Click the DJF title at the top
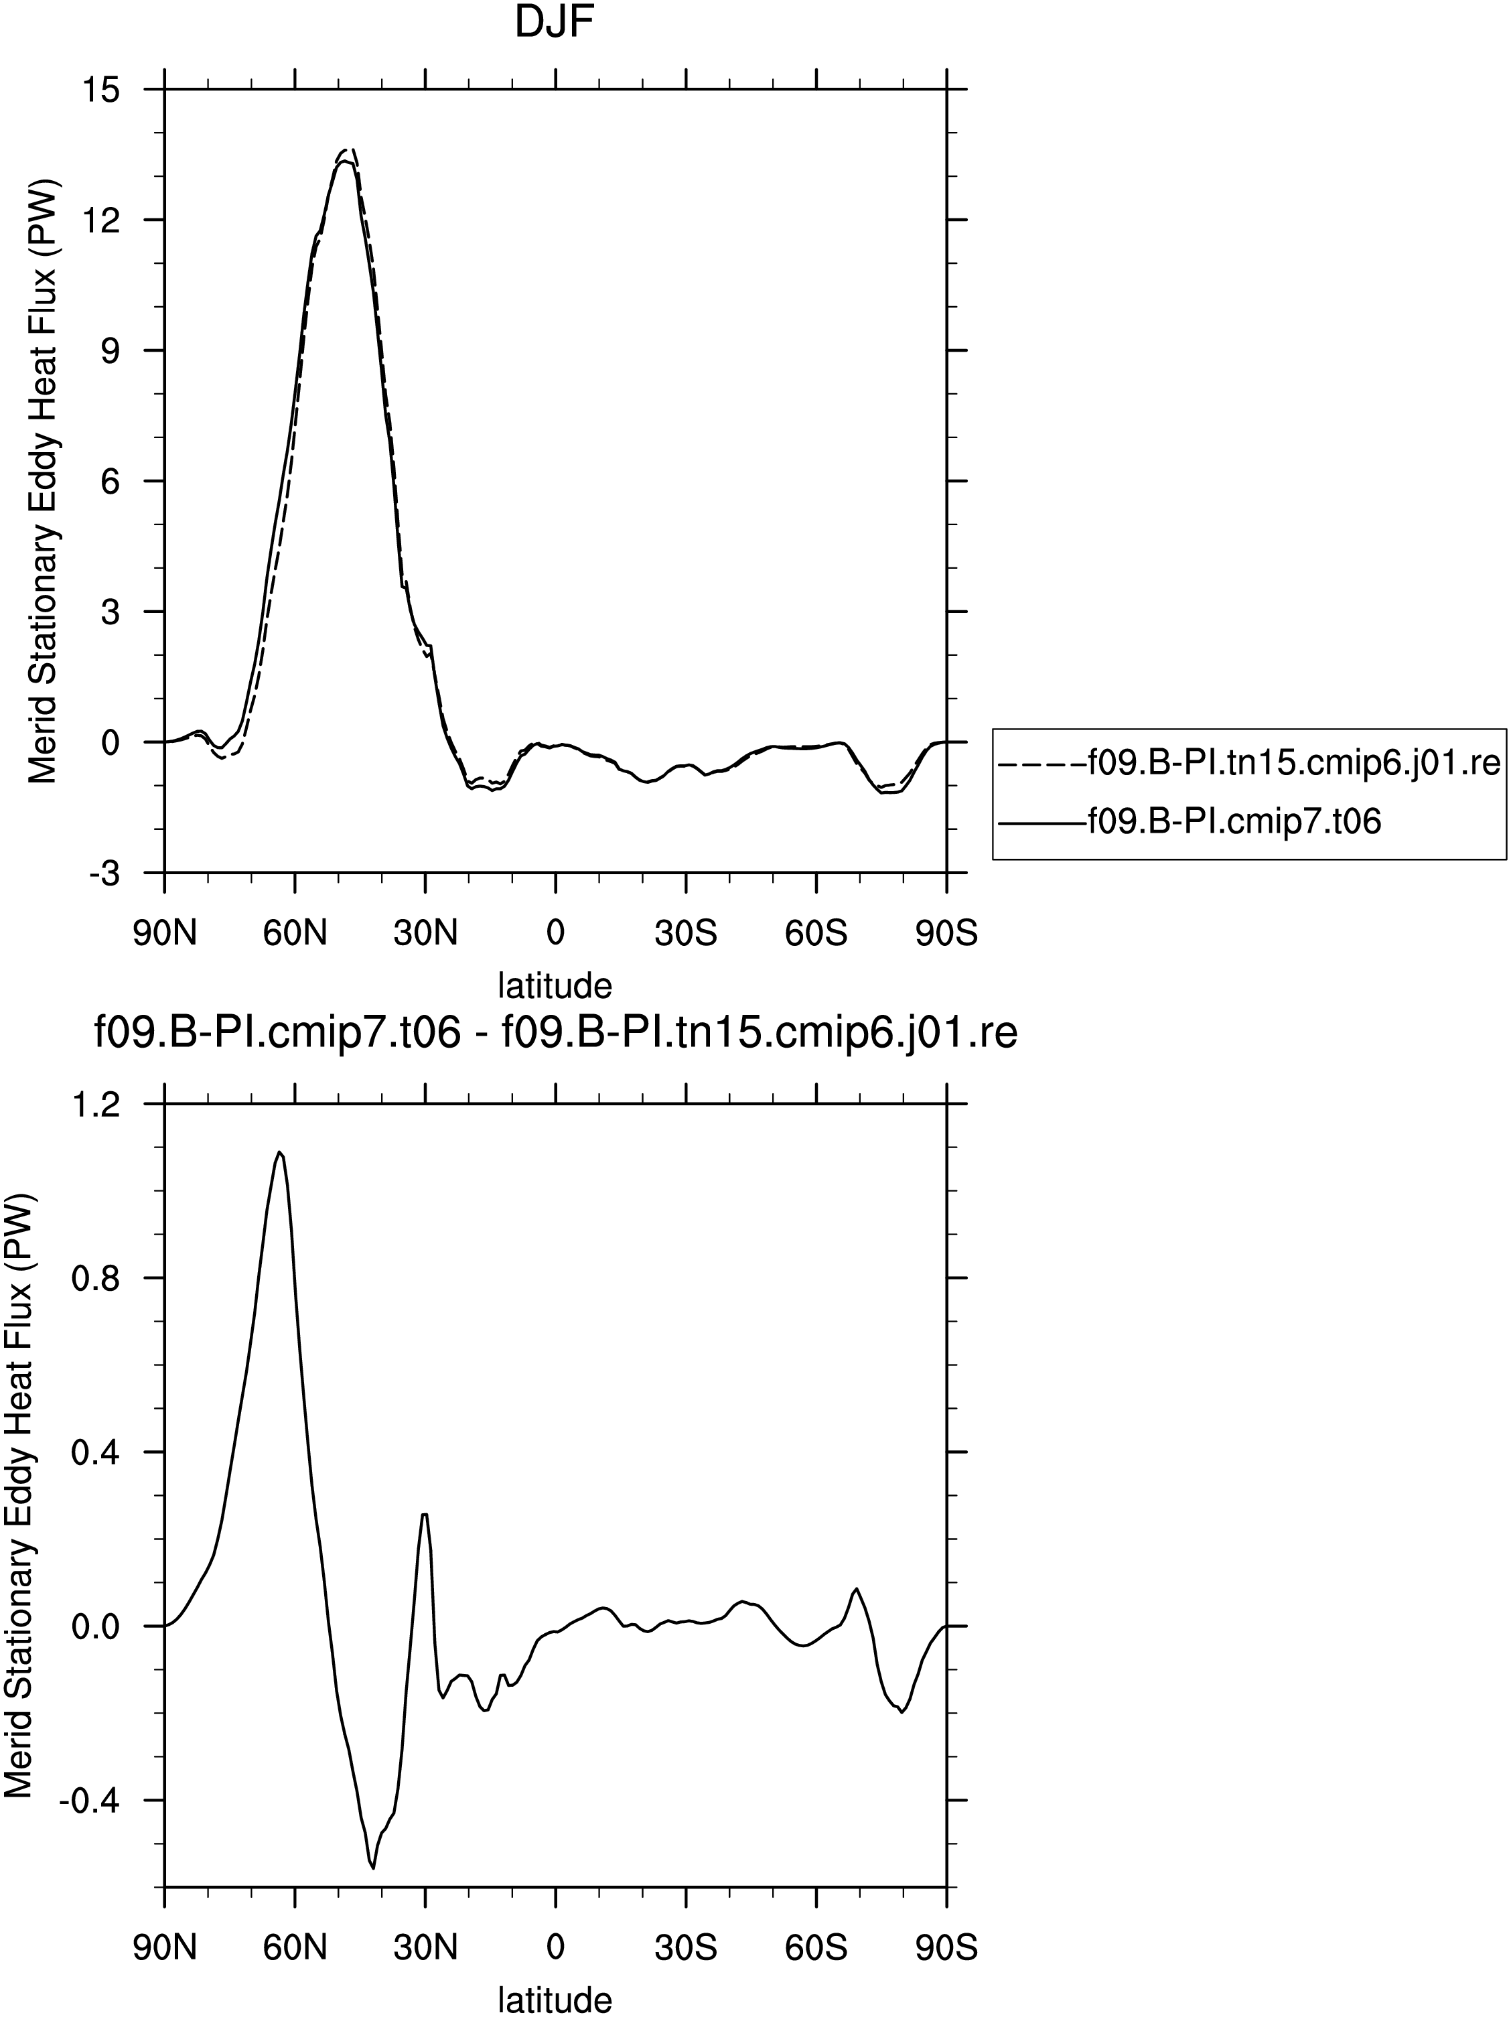pos(555,25)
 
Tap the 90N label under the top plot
pos(165,934)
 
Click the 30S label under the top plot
pos(686,934)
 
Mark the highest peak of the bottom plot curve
pos(280,1152)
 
